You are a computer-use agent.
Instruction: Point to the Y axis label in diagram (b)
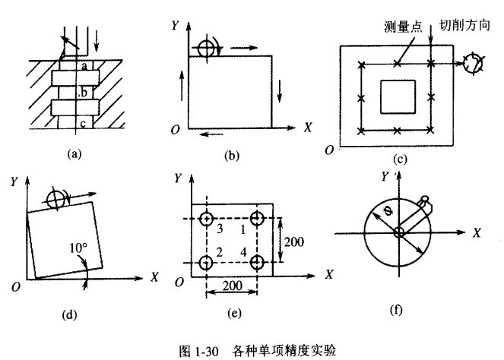coord(176,24)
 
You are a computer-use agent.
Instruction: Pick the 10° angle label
coord(78,247)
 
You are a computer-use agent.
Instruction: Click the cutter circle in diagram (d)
coord(56,200)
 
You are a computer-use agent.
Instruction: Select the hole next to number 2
coord(205,263)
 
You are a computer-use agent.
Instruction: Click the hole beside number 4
coord(258,263)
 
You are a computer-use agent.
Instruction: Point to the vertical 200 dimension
coord(294,242)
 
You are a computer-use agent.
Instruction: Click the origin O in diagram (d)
coord(14,286)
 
